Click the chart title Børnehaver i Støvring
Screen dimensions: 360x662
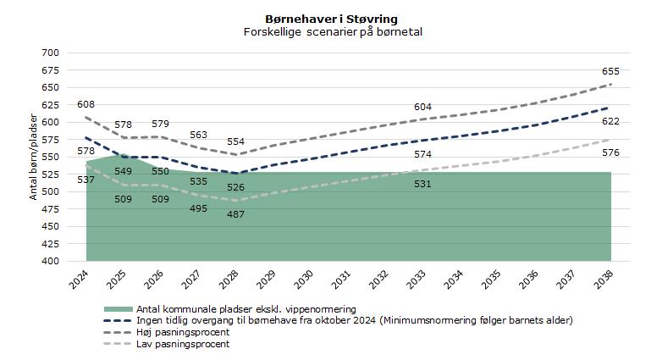click(331, 19)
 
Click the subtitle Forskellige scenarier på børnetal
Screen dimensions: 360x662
click(331, 31)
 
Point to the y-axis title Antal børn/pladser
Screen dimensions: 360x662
click(35, 155)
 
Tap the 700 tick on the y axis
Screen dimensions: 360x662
click(50, 53)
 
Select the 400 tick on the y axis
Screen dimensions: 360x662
click(50, 261)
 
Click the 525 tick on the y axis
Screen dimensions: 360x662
click(50, 174)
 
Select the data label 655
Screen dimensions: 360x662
click(610, 72)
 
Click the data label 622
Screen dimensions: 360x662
click(610, 121)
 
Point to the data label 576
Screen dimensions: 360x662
click(610, 152)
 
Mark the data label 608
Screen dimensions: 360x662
click(86, 105)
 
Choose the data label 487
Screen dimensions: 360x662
click(235, 214)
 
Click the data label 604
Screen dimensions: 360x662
click(422, 107)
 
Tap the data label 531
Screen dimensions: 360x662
click(422, 184)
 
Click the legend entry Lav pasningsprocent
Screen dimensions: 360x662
click(183, 344)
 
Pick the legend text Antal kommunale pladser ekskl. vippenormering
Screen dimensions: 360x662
click(245, 309)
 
